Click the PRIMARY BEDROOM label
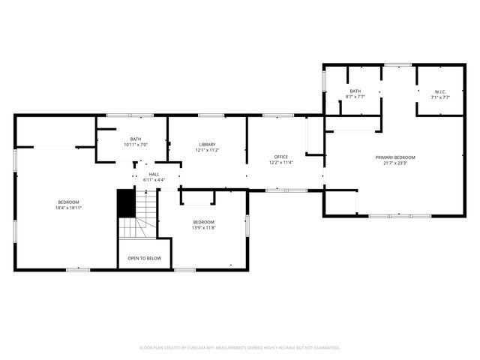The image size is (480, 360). (x=395, y=157)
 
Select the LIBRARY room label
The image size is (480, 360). (x=207, y=144)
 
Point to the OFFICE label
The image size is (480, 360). (x=281, y=157)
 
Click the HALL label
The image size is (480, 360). (x=154, y=174)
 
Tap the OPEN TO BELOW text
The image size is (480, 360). (x=144, y=258)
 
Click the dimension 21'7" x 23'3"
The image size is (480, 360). (x=395, y=163)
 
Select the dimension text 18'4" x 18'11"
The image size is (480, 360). (x=69, y=208)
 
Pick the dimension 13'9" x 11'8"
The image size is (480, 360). (x=204, y=228)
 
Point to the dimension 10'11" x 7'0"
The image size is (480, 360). (x=136, y=144)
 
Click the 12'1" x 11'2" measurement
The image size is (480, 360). (x=207, y=150)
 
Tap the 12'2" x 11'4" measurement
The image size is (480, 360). (x=281, y=163)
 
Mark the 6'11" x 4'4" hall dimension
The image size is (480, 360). (x=154, y=180)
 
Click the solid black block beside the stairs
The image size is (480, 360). (x=125, y=202)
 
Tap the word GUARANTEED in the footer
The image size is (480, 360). (x=325, y=348)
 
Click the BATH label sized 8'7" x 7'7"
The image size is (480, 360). (x=355, y=91)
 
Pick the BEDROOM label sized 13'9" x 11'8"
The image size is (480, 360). (x=204, y=222)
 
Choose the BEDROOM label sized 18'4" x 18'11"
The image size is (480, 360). (x=69, y=202)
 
